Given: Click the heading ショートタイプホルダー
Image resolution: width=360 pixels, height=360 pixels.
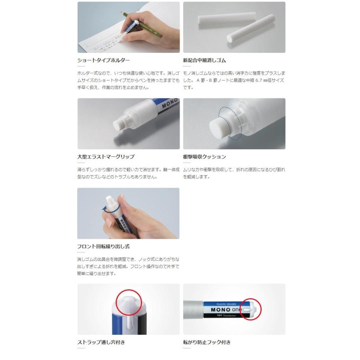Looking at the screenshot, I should [104, 60].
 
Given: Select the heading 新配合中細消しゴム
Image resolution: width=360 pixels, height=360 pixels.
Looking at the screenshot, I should [204, 60].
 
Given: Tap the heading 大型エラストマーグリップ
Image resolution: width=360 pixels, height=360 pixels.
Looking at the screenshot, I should [106, 156].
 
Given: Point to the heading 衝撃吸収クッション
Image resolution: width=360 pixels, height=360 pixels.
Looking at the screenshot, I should [204, 156].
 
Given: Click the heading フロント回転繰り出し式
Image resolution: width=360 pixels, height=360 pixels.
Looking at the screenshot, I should [103, 246].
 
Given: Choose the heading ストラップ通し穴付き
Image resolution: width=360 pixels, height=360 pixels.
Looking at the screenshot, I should [103, 342].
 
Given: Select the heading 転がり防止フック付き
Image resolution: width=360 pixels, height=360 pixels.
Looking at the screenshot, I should [207, 342].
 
